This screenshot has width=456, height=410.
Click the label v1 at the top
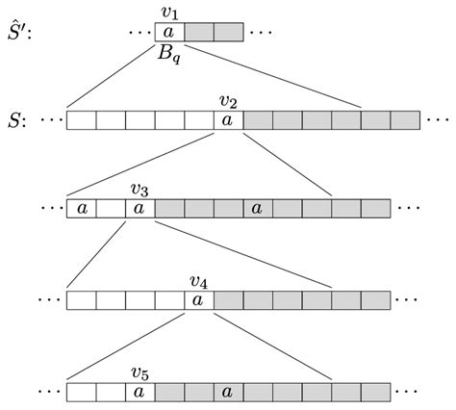pyautogui.click(x=169, y=13)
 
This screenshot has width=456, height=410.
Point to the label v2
pyautogui.click(x=228, y=101)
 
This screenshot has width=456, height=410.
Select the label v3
pyautogui.click(x=139, y=190)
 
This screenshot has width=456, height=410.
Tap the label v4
pyautogui.click(x=198, y=281)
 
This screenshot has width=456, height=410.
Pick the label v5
pyautogui.click(x=139, y=372)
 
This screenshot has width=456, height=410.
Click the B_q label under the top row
pyautogui.click(x=169, y=53)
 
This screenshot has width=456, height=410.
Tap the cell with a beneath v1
pyautogui.click(x=169, y=32)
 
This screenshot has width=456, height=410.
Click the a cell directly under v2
pyautogui.click(x=228, y=121)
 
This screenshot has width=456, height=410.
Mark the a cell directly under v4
pyautogui.click(x=198, y=300)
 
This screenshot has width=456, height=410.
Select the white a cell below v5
pyautogui.click(x=139, y=392)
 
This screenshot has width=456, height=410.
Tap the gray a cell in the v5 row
pyautogui.click(x=228, y=392)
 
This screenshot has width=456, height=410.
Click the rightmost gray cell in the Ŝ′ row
pyautogui.click(x=228, y=32)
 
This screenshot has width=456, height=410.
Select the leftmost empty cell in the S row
pyautogui.click(x=81, y=121)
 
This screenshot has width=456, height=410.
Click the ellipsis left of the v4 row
pyautogui.click(x=49, y=300)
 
